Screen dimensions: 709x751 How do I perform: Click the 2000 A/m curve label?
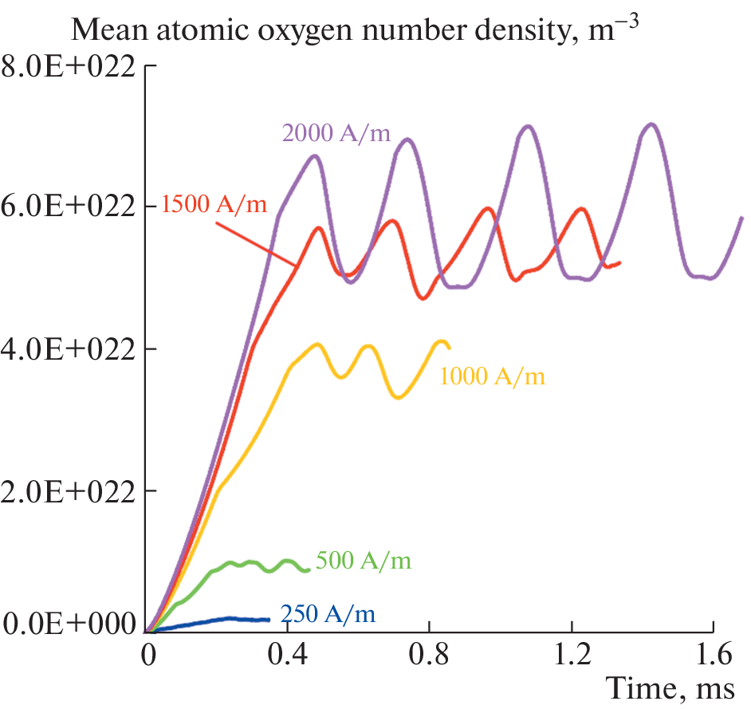point(335,133)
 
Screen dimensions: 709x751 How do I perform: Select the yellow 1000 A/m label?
point(492,376)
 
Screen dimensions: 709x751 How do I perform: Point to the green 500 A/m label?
point(364,561)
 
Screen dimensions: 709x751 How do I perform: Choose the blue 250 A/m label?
point(327,614)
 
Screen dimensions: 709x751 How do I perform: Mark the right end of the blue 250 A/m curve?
point(269,620)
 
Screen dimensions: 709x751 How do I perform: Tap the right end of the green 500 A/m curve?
point(309,570)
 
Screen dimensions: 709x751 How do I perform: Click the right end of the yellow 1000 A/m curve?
point(450,347)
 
